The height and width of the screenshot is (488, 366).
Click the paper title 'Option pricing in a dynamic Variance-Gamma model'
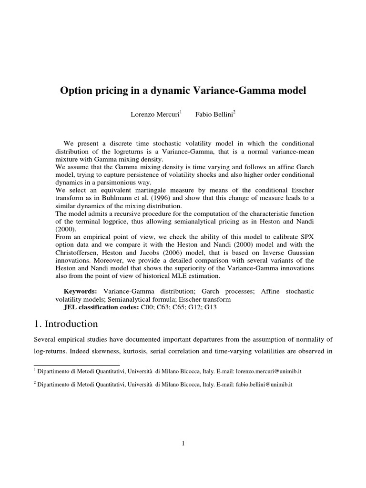[x=183, y=91]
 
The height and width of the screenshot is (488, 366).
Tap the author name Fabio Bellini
[x=214, y=116]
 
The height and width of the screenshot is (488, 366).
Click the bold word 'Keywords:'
[x=81, y=291]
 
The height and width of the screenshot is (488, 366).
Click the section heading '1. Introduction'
[x=66, y=324]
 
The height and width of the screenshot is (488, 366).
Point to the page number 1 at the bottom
[x=183, y=443]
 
